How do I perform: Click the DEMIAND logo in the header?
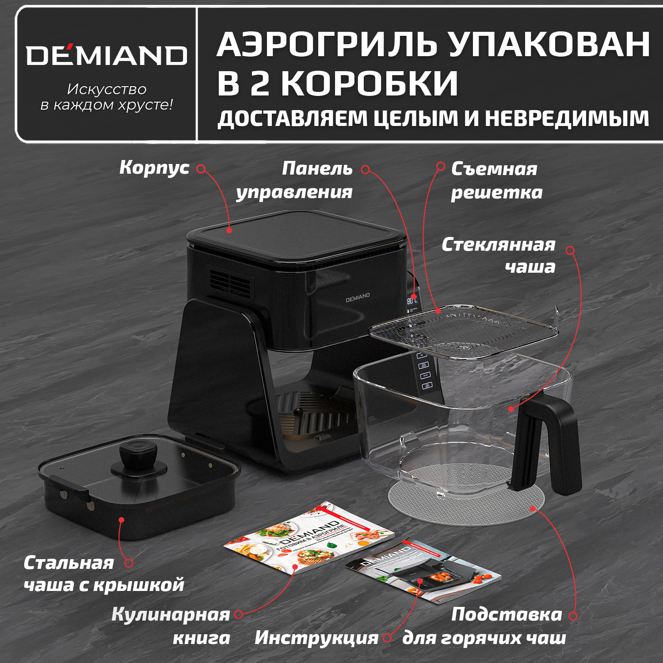107,55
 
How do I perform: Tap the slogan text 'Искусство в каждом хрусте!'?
107,97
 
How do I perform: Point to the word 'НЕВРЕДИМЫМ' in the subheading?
567,118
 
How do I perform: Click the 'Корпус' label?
154,168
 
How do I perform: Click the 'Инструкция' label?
316,637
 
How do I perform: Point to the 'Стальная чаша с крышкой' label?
103,574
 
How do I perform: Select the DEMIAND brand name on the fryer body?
358,297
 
